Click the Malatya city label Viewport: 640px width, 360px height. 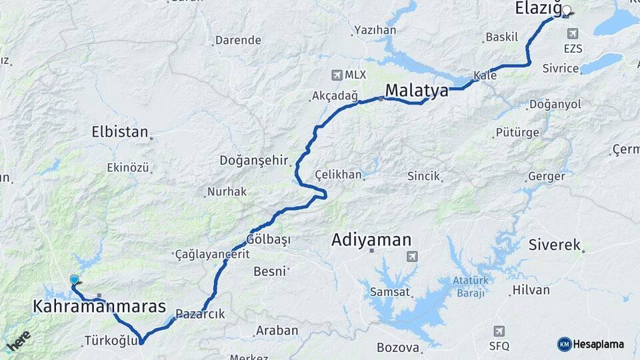tap(417, 91)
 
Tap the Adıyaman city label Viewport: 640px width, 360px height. tap(371, 240)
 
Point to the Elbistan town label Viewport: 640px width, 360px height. tap(120, 132)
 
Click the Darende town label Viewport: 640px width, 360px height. tap(238, 40)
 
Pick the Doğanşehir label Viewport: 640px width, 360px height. tap(253, 161)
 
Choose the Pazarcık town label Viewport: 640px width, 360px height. tap(200, 314)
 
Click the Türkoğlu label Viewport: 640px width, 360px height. tap(111, 341)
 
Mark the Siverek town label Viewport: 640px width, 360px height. tap(555, 245)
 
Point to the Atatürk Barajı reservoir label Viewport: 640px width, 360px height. tap(471, 286)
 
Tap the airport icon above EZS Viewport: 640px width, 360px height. tap(573, 33)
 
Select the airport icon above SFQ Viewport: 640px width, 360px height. tap(499, 331)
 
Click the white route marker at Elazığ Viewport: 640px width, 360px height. tap(567, 11)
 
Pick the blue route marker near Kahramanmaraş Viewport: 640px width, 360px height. tap(74, 280)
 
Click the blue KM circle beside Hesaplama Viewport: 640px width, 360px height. tap(564, 344)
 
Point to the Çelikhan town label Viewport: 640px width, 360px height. tap(339, 175)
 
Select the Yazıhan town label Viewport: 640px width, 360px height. tap(375, 30)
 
